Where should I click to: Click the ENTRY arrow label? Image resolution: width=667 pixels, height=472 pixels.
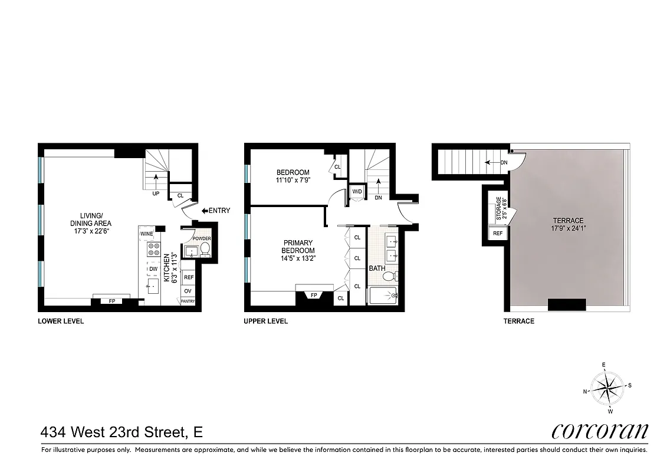216,211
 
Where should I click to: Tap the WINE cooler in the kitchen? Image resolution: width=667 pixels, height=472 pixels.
147,234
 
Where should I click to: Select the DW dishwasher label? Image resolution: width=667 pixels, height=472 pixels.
153,269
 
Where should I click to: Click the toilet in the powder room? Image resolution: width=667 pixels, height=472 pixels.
205,251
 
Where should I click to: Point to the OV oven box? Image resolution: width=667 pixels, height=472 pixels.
188,291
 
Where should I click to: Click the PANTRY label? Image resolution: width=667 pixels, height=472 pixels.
188,301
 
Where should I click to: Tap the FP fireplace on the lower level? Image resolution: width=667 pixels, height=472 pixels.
112,301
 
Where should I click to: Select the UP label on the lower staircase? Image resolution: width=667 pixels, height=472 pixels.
156,192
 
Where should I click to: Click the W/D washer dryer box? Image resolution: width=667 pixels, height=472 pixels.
357,192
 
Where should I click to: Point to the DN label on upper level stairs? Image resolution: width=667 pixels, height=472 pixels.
378,198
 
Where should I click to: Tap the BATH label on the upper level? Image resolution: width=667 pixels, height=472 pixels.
377,268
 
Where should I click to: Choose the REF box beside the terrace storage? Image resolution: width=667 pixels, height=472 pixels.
498,234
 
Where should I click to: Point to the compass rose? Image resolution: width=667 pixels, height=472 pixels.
607,388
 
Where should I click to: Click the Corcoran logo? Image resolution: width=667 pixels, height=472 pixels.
600,431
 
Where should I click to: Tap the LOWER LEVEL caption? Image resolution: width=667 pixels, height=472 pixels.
61,322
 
